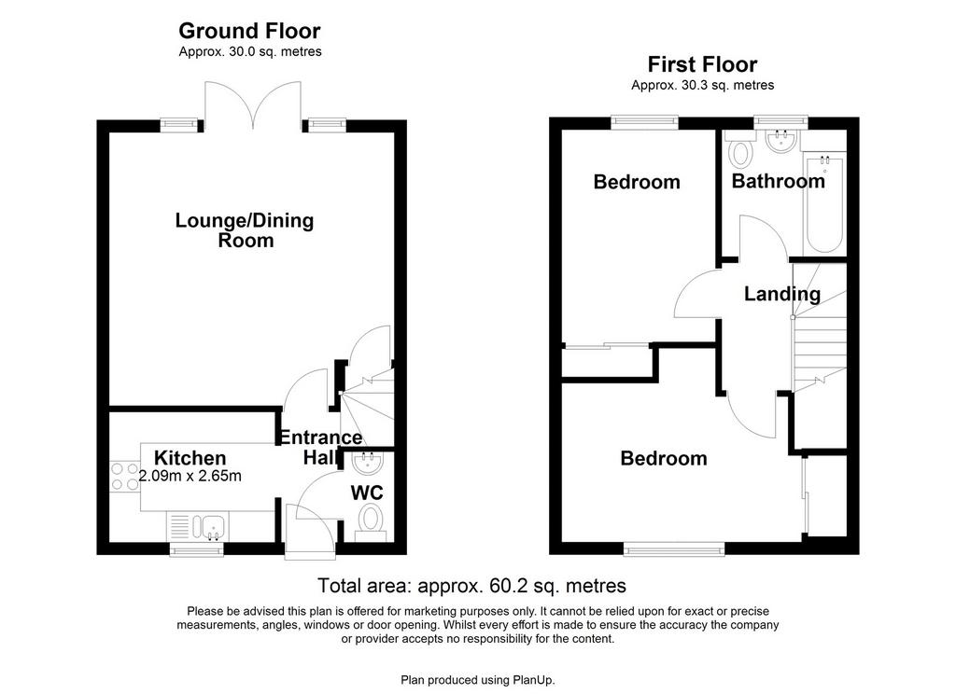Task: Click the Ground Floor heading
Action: coord(249,31)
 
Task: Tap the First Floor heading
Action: coord(702,64)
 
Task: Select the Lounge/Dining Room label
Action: coord(245,229)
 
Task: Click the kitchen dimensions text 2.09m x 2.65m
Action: coord(190,476)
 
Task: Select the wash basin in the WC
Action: coord(368,462)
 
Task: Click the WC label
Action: coord(367,493)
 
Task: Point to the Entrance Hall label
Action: coord(320,447)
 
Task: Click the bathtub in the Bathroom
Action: coord(824,205)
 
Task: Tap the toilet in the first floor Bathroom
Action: coord(739,150)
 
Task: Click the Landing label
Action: coord(782,294)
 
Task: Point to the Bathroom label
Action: coord(778,181)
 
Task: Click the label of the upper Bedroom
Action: coord(637,182)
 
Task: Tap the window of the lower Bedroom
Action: coord(674,549)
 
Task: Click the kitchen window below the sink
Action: coord(196,549)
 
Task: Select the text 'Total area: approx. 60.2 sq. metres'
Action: coord(471,586)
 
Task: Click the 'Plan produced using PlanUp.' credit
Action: coord(478,680)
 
